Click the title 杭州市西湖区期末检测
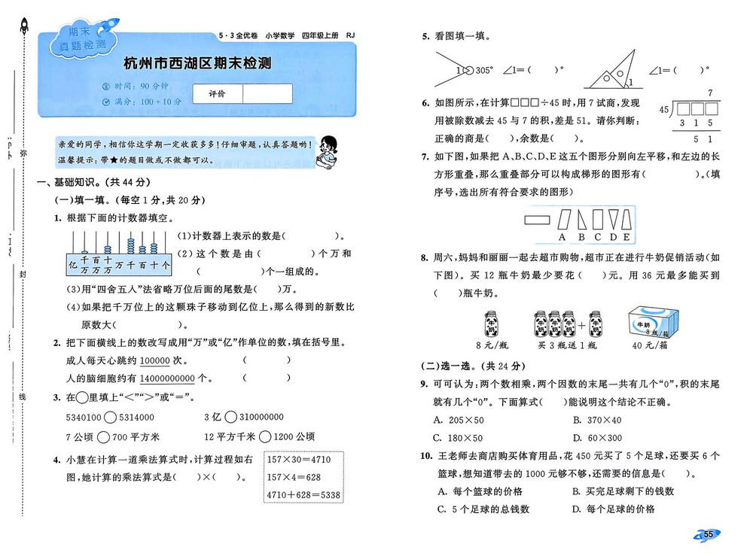199,65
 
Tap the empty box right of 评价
267,93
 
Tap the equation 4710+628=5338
304,495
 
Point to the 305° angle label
482,70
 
